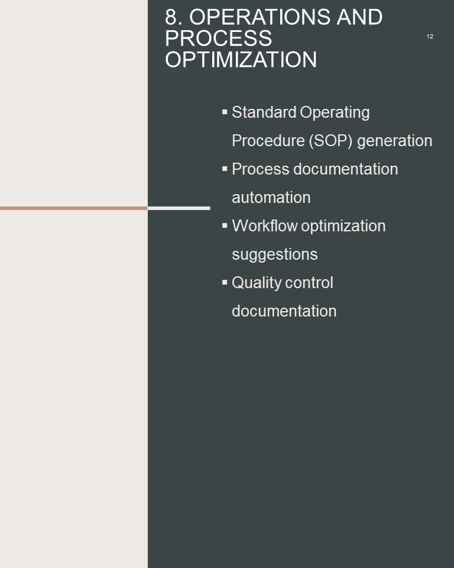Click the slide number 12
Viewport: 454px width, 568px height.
coord(430,37)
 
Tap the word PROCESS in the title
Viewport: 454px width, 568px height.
coord(218,38)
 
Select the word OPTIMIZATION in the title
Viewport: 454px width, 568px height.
coord(241,60)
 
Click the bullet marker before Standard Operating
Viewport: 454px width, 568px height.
coord(225,112)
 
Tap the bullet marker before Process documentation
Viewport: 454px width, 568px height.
coord(225,169)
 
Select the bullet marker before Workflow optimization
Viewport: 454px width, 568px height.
coord(225,225)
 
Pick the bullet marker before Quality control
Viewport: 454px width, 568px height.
coord(225,282)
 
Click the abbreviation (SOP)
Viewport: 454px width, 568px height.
coord(330,141)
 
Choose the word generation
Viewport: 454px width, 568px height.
coord(395,141)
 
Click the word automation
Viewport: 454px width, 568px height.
coord(271,198)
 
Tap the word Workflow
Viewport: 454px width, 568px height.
coord(265,225)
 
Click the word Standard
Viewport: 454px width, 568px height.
coord(264,112)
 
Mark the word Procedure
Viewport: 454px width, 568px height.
coord(268,141)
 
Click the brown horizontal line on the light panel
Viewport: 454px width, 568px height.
coord(74,208)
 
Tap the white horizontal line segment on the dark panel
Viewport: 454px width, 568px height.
coord(179,208)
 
